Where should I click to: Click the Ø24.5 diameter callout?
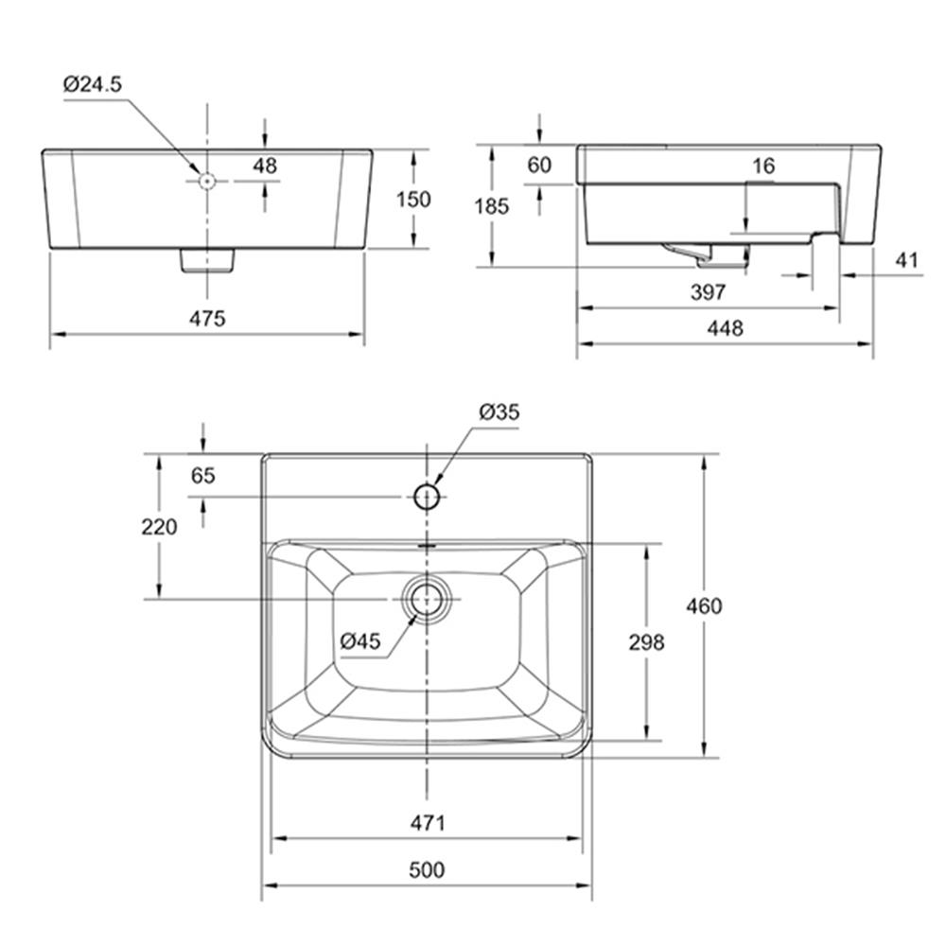[93, 84]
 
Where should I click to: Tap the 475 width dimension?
[207, 318]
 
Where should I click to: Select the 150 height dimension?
[413, 199]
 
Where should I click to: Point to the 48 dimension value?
[265, 166]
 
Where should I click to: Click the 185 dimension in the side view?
[492, 206]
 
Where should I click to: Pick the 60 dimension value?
[539, 165]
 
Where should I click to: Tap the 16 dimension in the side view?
[763, 166]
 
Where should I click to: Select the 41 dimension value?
[907, 261]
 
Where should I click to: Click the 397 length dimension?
[708, 292]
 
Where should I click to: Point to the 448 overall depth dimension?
[726, 328]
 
